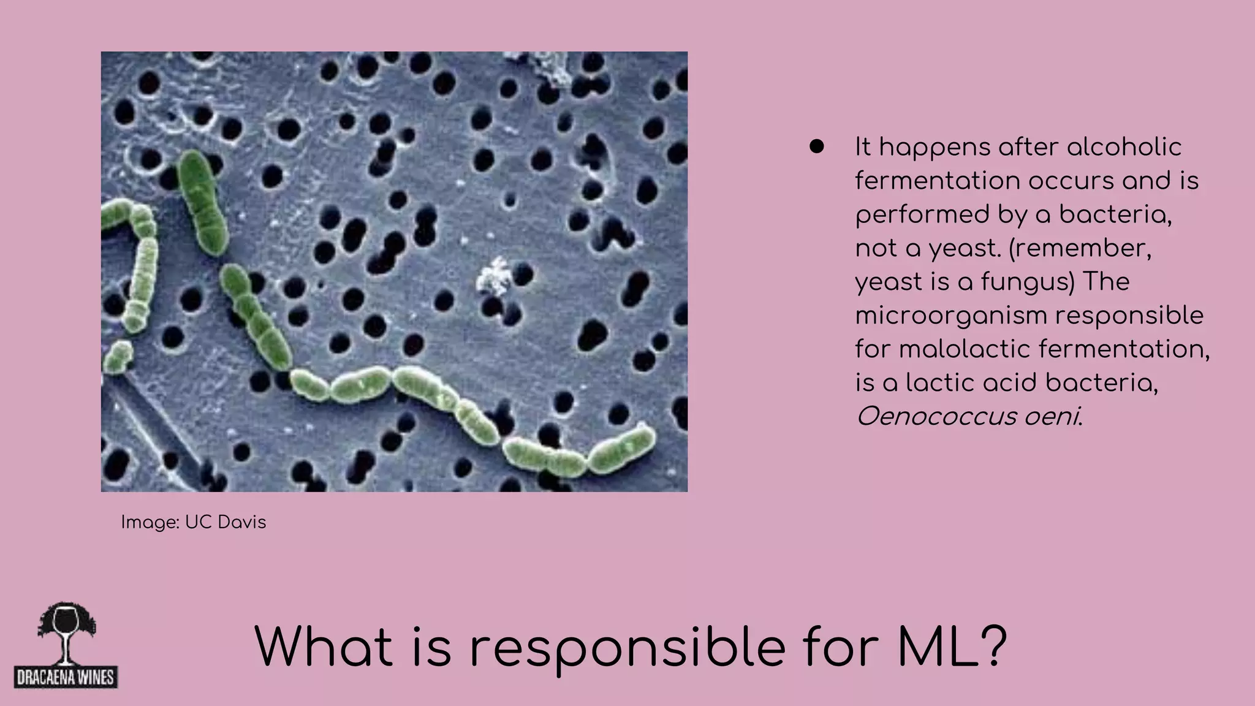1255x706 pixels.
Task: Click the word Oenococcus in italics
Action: pyautogui.click(x=933, y=417)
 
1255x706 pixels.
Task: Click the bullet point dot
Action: pyautogui.click(x=816, y=146)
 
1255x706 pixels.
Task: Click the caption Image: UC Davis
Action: pyautogui.click(x=194, y=522)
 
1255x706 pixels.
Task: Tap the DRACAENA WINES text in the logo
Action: pyautogui.click(x=66, y=678)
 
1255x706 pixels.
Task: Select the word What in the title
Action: pyautogui.click(x=323, y=647)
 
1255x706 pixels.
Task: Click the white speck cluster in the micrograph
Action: pyautogui.click(x=495, y=276)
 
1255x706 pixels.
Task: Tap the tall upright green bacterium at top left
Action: pyautogui.click(x=202, y=202)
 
